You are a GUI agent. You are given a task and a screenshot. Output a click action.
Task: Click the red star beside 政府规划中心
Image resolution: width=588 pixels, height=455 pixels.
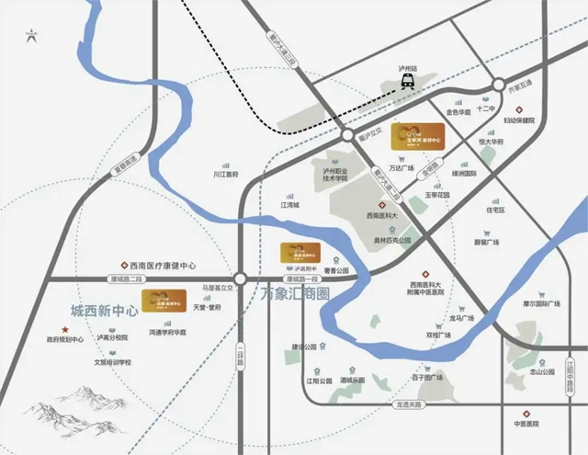click(64, 328)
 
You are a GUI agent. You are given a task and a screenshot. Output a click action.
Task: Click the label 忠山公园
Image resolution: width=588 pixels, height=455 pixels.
click(543, 373)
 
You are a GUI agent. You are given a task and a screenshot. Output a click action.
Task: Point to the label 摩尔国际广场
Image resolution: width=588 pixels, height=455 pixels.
click(548, 303)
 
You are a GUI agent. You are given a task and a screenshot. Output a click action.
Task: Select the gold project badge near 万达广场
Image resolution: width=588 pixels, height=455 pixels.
click(417, 138)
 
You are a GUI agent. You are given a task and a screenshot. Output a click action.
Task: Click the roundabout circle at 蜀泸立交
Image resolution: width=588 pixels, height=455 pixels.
click(348, 135)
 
